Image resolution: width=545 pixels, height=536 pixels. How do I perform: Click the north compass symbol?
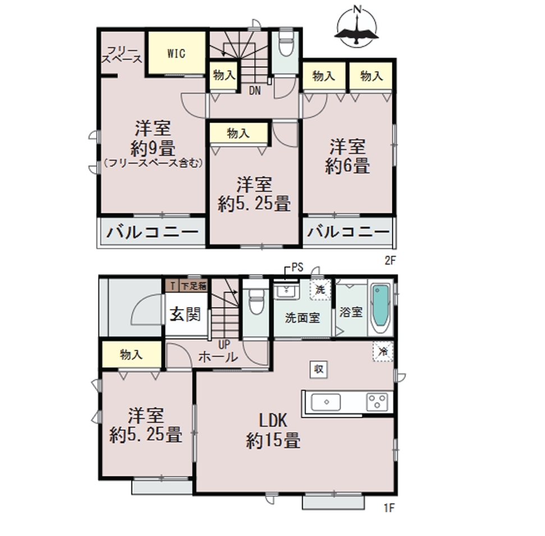(356, 26)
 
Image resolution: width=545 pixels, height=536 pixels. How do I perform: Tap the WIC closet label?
(176, 53)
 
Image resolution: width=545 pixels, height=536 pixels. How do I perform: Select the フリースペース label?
(122, 54)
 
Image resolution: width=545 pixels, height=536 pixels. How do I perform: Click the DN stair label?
(255, 91)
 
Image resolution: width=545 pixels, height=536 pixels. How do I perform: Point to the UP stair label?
(224, 345)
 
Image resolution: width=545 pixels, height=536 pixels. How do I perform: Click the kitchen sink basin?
(326, 402)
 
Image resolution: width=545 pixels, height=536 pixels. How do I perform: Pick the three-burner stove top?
(377, 402)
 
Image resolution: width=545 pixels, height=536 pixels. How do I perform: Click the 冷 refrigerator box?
(383, 351)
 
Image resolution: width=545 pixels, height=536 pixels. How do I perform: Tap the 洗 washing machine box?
(320, 289)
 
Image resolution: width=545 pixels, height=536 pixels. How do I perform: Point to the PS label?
(297, 267)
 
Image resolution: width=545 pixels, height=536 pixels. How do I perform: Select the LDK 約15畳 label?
(273, 430)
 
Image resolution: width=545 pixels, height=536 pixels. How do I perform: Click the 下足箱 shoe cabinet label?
(194, 287)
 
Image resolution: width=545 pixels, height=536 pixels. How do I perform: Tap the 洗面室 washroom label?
(303, 317)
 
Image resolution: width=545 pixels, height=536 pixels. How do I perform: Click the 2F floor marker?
(390, 260)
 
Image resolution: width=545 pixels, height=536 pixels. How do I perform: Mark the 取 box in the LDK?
(319, 369)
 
